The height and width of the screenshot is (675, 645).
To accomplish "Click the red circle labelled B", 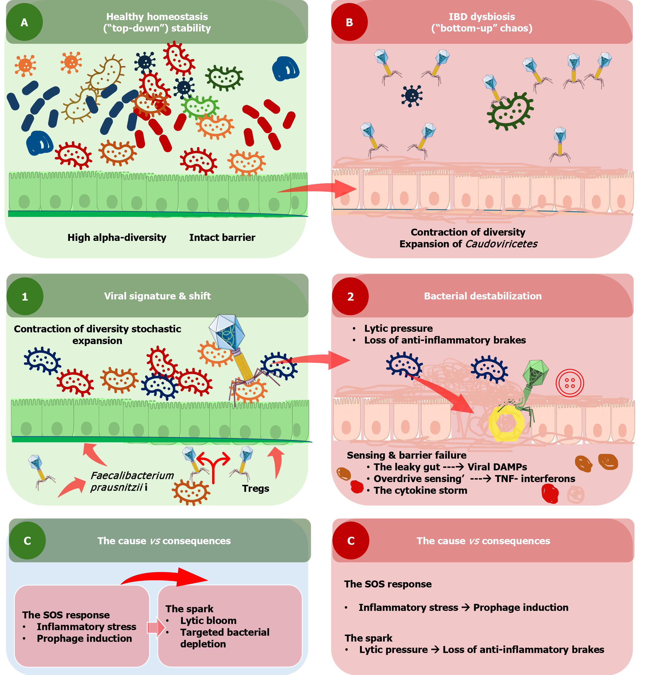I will (349, 22).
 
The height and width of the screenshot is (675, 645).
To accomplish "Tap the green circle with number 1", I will (25, 296).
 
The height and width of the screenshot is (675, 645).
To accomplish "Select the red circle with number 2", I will (350, 296).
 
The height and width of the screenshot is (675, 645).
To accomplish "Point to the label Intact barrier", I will (222, 238).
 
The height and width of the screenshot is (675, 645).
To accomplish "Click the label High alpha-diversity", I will (117, 238).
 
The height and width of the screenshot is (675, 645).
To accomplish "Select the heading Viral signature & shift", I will (157, 296).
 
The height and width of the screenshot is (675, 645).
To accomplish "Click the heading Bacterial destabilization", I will (482, 296).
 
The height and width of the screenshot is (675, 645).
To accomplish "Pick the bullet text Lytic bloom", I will (208, 621).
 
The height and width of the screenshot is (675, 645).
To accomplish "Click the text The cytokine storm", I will (420, 490).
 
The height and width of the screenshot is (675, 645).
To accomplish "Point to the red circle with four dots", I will (570, 383).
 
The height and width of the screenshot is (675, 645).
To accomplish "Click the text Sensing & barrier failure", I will (406, 455).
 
